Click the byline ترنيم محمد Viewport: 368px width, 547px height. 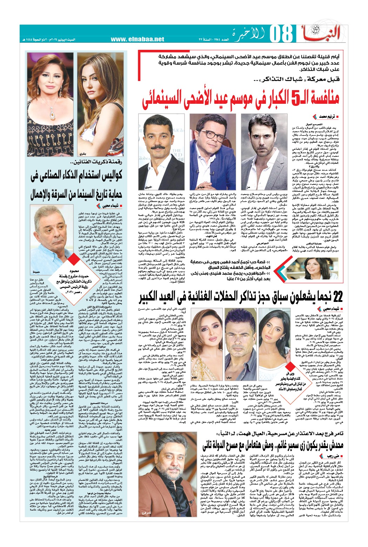[323, 116]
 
